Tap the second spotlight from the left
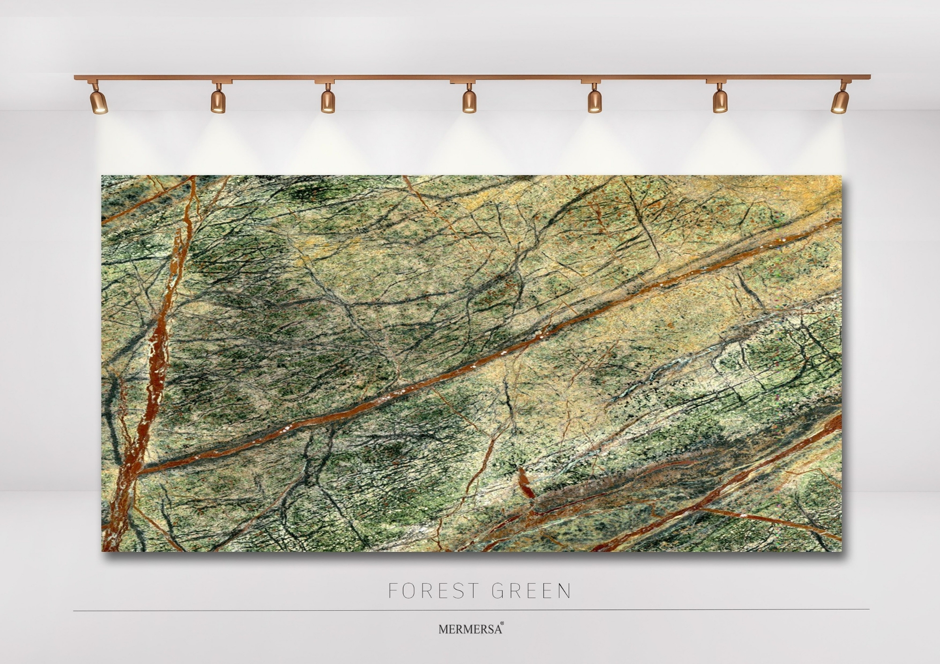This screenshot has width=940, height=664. click(218, 101)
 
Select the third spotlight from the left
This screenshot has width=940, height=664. click(328, 101)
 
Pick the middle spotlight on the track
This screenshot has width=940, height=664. click(469, 101)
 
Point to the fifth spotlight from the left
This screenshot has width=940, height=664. click(594, 101)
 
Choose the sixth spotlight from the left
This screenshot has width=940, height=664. click(719, 101)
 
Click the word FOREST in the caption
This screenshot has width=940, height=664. click(433, 591)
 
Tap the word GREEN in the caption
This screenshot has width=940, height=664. click(532, 591)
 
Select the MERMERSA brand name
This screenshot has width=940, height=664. click(470, 629)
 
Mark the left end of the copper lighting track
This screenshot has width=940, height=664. click(75, 77)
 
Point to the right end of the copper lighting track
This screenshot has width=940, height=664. click(869, 77)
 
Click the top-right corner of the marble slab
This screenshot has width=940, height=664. click(841, 176)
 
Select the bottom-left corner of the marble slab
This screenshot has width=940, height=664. click(102, 550)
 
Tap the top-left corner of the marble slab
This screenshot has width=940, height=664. click(102, 176)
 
